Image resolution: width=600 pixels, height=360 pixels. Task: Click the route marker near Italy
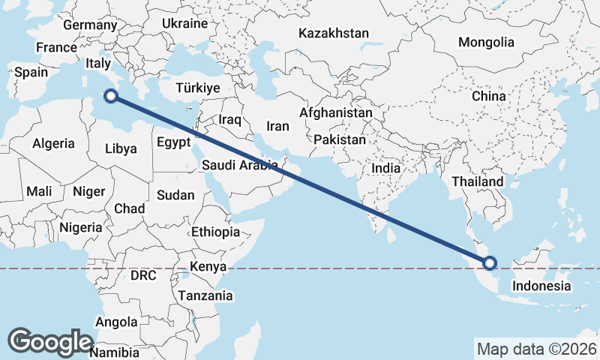coord(111,96)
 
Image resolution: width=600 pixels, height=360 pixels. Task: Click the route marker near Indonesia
coord(490,262)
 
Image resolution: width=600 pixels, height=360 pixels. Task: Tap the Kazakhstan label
coord(334,33)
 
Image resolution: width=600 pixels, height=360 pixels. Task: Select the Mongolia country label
coord(486,42)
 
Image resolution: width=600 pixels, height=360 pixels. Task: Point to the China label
coord(489,97)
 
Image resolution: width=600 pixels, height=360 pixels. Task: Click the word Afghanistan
coord(335,112)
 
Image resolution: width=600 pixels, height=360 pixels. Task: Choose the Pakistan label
coord(340,139)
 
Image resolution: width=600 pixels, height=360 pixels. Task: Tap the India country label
coord(386,169)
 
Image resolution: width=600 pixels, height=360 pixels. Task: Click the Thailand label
coord(478,181)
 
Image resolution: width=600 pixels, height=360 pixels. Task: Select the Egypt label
coord(173,142)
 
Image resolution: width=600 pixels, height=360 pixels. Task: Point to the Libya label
coord(121,148)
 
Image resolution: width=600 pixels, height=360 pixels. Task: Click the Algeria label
coord(54,143)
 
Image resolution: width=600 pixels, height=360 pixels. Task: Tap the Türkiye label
coord(197,88)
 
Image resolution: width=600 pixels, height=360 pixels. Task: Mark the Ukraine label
coord(184,23)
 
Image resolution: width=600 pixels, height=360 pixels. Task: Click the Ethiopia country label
coord(215,232)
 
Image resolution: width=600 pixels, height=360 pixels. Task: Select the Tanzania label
coord(205,295)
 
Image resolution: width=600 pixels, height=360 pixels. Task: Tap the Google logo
coord(50,342)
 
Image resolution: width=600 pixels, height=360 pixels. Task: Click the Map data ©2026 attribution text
coord(537,349)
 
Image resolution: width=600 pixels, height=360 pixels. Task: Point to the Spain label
coord(31,73)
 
